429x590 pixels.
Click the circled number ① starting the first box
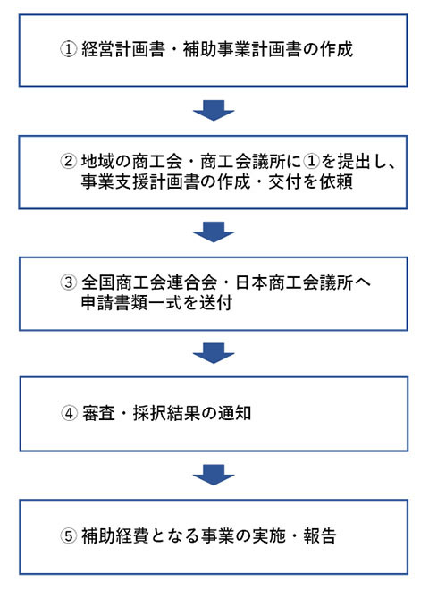tap(69, 49)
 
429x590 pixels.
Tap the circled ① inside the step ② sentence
tap(311, 162)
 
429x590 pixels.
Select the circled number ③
tap(69, 282)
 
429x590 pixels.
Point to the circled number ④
tap(69, 413)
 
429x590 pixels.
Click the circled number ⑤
tap(69, 535)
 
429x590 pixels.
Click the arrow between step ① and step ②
tap(214, 110)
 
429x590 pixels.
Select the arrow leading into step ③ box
tap(214, 232)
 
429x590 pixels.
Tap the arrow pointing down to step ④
tap(214, 353)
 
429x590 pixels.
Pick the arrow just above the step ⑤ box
tap(214, 475)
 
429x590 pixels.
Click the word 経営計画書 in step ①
tap(123, 49)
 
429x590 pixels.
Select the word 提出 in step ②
tap(354, 162)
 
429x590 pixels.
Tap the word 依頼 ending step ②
tap(336, 181)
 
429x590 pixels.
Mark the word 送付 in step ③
tap(215, 302)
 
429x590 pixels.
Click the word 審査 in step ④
tap(98, 413)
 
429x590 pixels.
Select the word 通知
tap(235, 413)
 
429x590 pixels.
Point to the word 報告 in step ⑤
tap(320, 535)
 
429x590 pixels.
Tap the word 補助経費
tap(115, 535)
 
